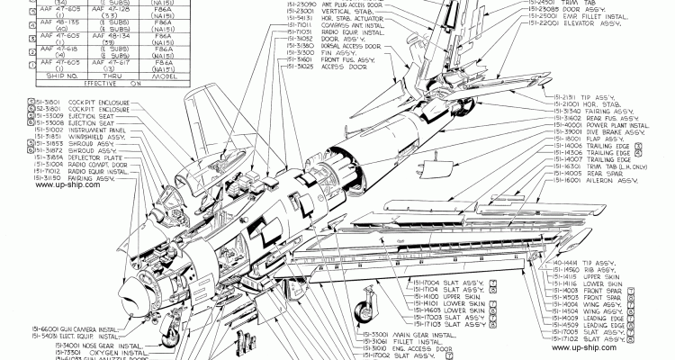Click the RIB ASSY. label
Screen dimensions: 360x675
593,268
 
